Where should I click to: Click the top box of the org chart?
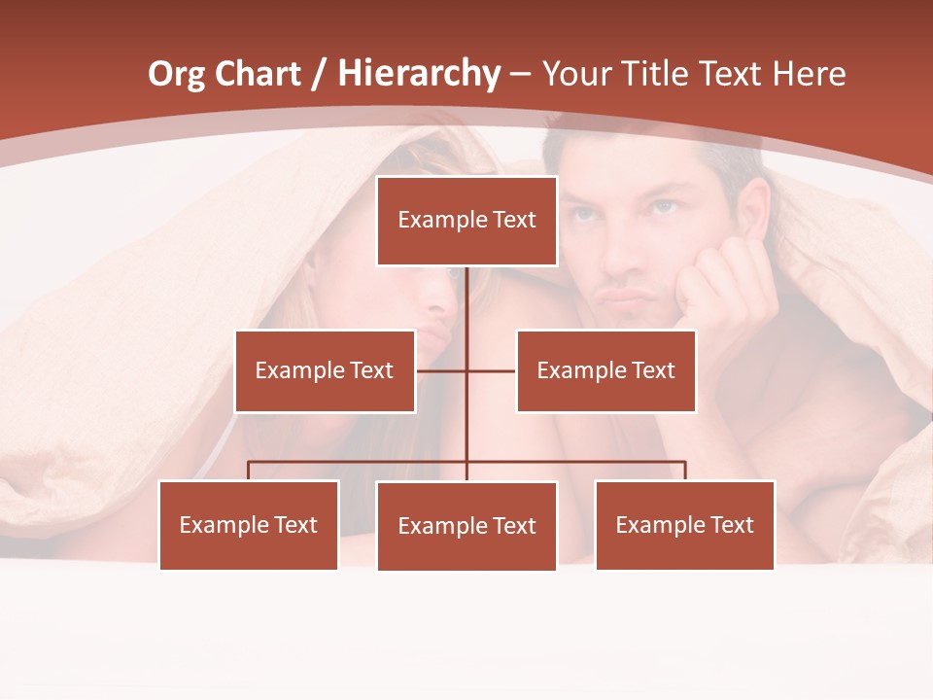pos(466,221)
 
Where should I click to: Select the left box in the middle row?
pos(325,370)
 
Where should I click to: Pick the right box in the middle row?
pos(605,370)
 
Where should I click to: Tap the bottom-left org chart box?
pos(249,525)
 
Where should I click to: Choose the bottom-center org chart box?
pos(466,526)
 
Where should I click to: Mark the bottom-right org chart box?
pos(684,525)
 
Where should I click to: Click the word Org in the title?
pos(176,74)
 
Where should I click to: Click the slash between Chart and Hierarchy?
pos(318,74)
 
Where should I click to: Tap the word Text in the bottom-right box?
pos(732,525)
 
